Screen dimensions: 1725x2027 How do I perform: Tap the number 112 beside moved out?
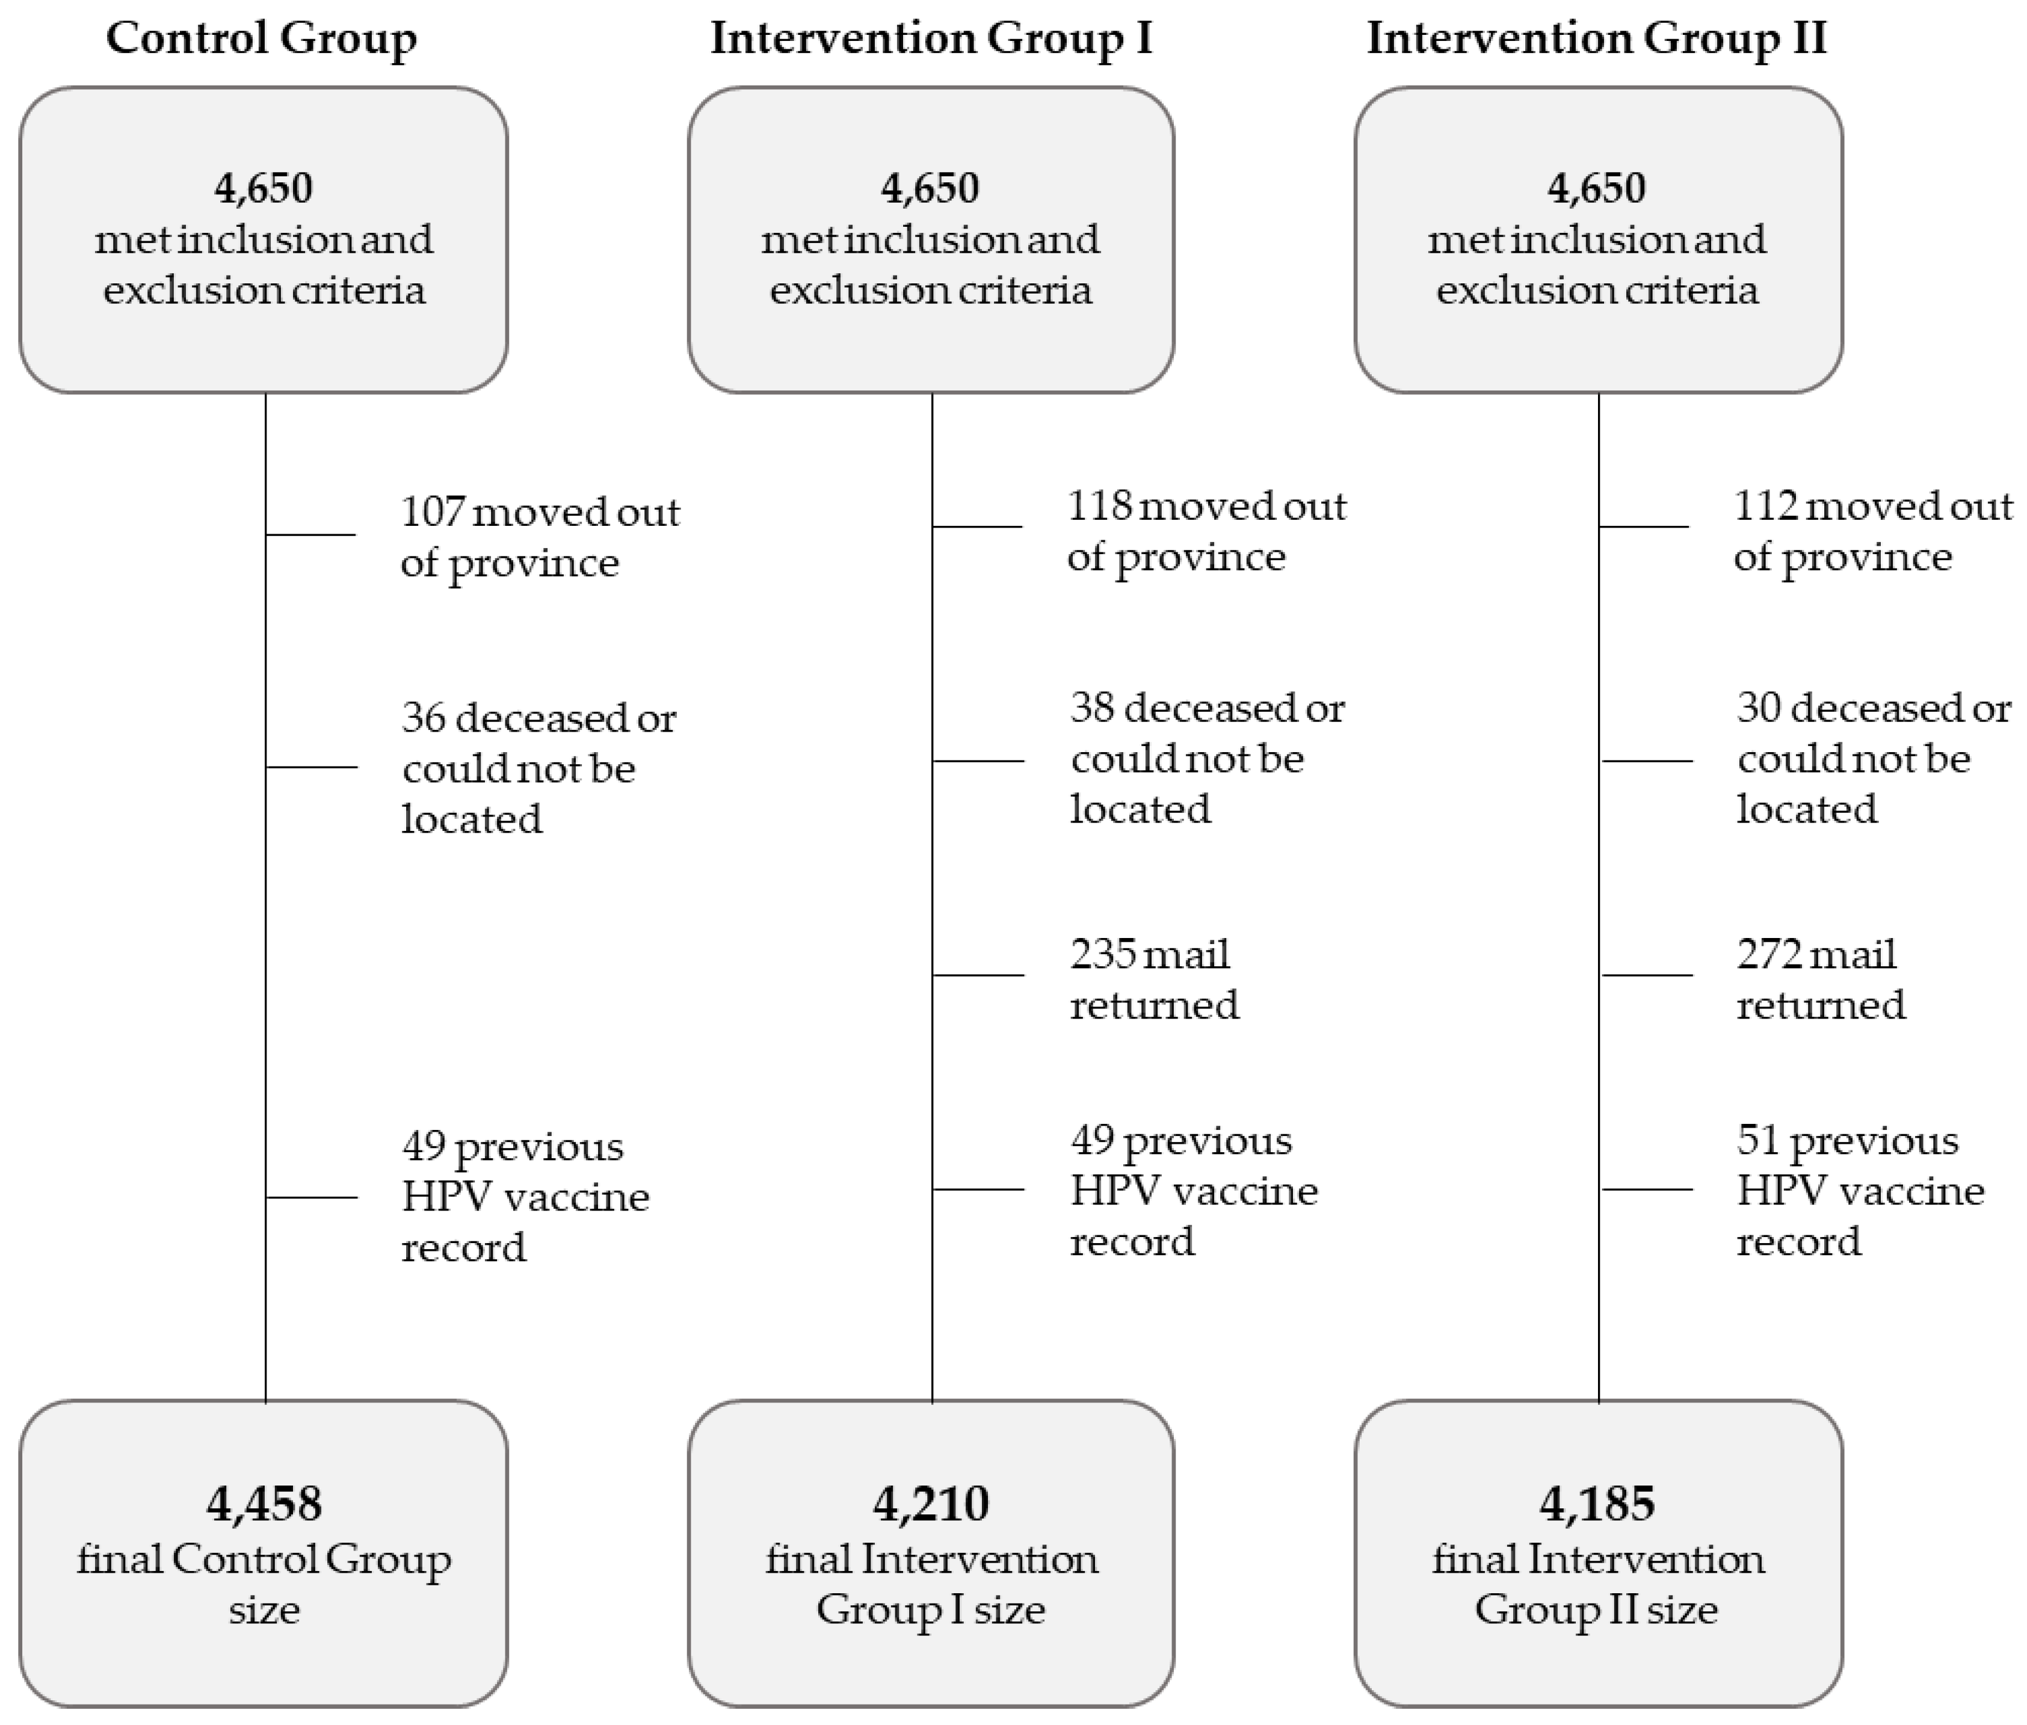1764,505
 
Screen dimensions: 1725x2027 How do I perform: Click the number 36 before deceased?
422,718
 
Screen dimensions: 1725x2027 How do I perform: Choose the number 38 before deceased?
1091,707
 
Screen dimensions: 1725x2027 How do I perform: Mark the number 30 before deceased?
1758,707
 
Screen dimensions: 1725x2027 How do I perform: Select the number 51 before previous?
1756,1140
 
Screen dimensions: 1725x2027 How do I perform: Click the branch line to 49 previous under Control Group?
311,1197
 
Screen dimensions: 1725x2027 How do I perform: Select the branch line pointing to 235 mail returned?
978,975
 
